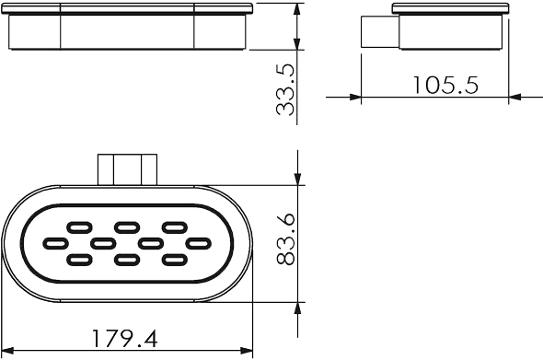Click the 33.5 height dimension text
point(285,89)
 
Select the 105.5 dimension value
point(446,86)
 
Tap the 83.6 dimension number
point(285,239)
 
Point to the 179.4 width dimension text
point(125,339)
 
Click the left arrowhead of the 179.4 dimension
point(7,351)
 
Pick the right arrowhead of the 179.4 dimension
point(247,351)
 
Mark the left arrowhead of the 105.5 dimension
point(355,97)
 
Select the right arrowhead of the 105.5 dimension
point(515,97)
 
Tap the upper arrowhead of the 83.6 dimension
point(297,180)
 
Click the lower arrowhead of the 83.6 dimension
point(297,308)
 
